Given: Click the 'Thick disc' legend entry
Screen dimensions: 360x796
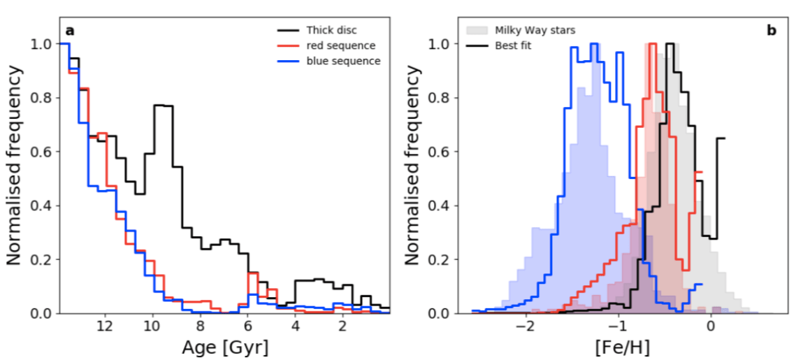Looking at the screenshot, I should click(332, 30).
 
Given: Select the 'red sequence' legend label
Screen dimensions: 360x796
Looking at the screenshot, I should click(340, 45).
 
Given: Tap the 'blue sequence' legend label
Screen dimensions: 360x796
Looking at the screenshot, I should click(342, 61).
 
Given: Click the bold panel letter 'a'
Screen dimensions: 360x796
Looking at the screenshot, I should click(70, 30).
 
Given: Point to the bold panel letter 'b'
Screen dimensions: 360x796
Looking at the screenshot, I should click(772, 30).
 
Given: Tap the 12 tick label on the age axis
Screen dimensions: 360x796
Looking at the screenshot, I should click(105, 326).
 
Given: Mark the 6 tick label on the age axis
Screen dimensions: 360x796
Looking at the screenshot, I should click(247, 326).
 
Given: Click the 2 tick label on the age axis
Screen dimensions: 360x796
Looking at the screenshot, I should click(342, 326).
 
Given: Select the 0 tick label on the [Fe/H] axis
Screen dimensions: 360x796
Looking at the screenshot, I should click(711, 326).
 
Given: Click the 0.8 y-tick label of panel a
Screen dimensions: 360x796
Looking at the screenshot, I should click(42, 98).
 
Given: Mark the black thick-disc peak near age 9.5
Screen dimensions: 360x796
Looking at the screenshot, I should click(164, 105).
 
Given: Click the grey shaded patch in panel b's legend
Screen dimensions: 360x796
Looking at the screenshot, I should click(476, 30).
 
